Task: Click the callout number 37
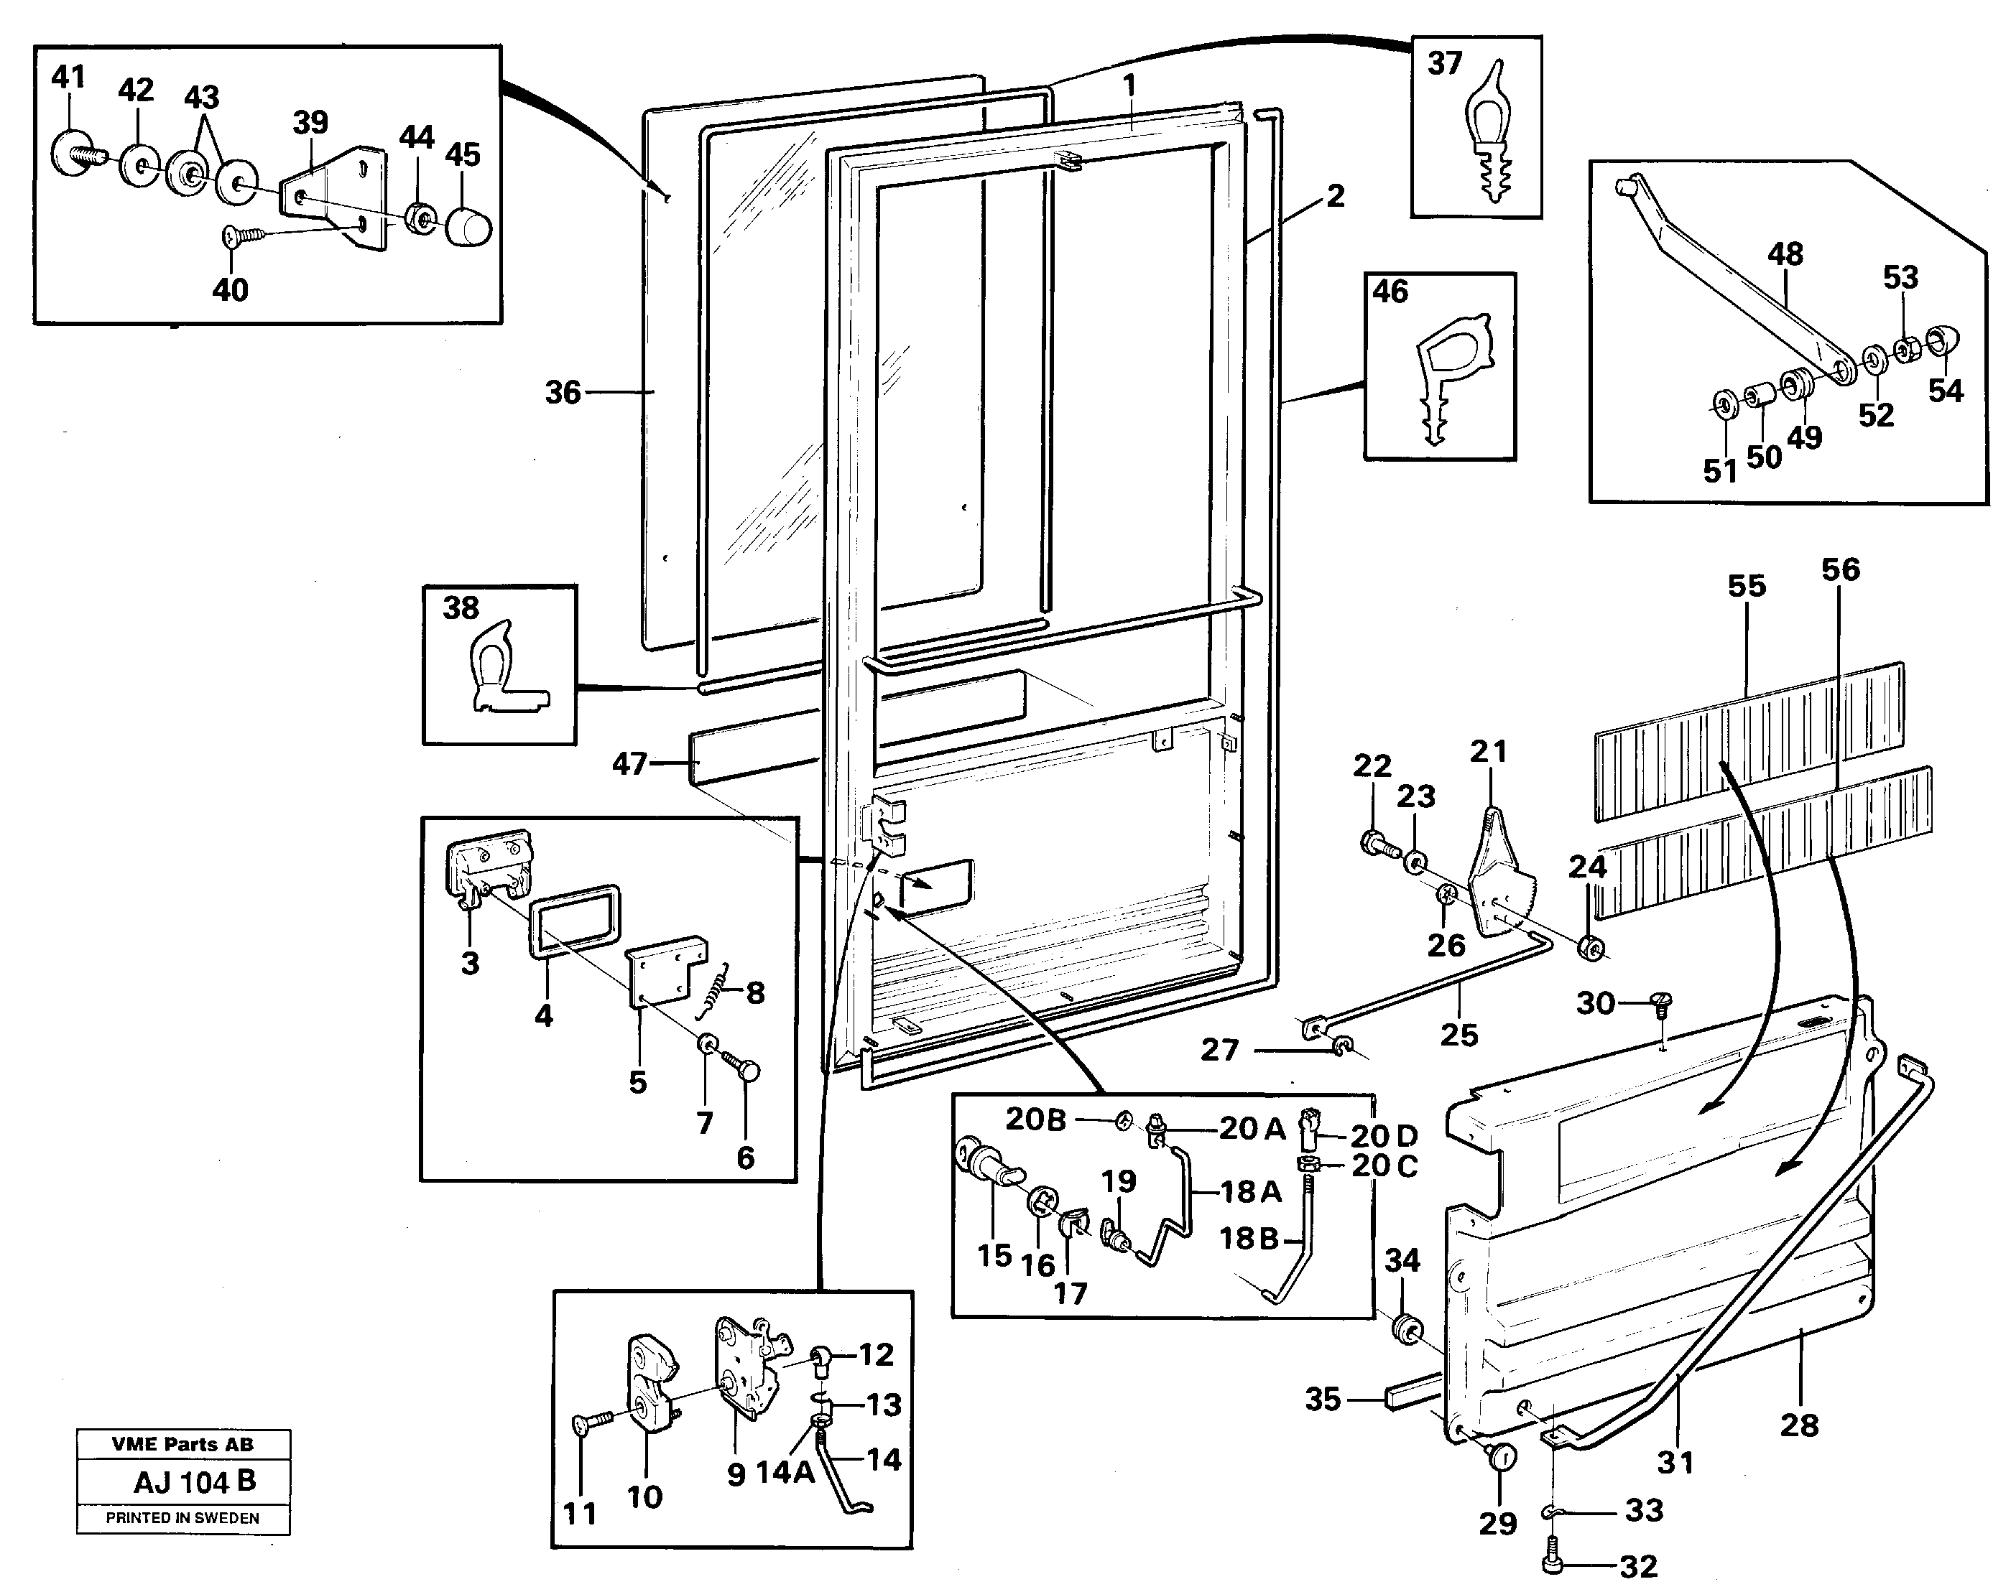point(1444,63)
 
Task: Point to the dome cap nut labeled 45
point(469,225)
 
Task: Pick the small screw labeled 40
point(244,237)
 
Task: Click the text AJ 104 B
point(194,1481)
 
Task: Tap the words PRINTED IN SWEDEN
point(182,1518)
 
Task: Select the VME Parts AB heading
point(182,1445)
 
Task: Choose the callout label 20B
point(1035,1119)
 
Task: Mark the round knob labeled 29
point(1500,1458)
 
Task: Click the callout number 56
point(1839,569)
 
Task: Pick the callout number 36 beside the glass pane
point(562,392)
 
